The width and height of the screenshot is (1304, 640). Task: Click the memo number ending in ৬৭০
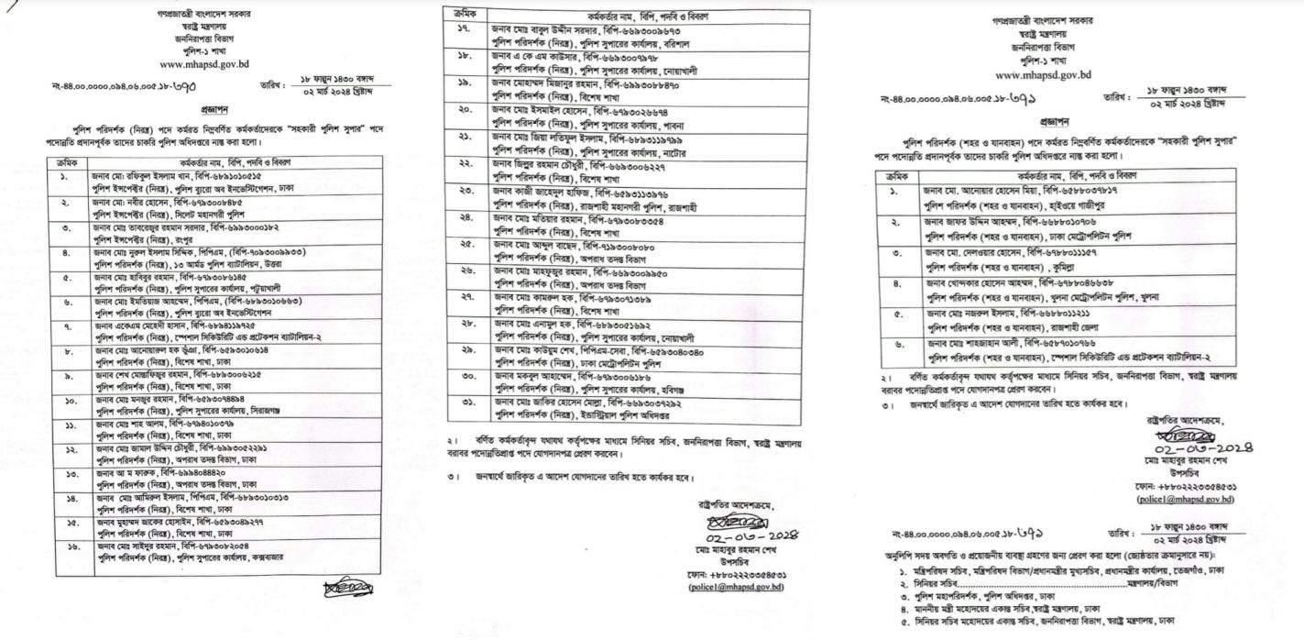point(127,88)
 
